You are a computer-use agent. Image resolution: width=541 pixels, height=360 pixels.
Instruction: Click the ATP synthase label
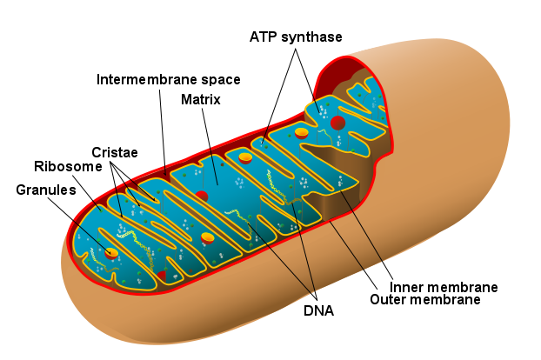tap(296, 37)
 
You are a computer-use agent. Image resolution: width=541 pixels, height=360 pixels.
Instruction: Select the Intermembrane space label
tap(168, 79)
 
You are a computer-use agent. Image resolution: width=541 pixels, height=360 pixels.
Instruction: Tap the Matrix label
tap(200, 99)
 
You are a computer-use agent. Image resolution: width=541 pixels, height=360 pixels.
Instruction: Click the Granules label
tap(45, 190)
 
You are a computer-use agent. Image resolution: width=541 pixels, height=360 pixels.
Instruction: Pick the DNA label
tap(318, 309)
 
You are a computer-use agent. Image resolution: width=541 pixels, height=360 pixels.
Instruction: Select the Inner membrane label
tap(444, 287)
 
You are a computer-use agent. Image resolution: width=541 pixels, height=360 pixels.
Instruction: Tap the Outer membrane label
tap(424, 300)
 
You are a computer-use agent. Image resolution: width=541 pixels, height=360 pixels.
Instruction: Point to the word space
tap(218, 79)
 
